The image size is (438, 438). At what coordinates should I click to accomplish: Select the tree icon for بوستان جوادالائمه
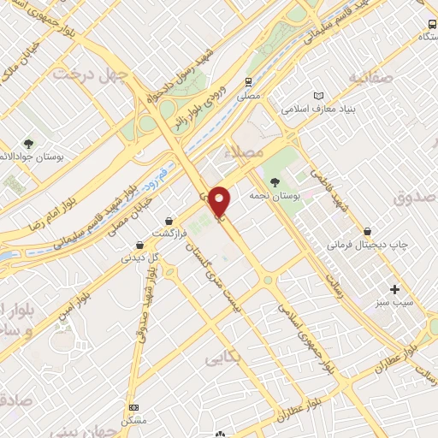[x=28, y=144]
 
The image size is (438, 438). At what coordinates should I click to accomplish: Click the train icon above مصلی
[x=248, y=82]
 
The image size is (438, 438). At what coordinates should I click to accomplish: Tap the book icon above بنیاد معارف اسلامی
[x=319, y=96]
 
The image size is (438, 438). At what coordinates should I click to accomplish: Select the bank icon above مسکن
[x=133, y=407]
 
